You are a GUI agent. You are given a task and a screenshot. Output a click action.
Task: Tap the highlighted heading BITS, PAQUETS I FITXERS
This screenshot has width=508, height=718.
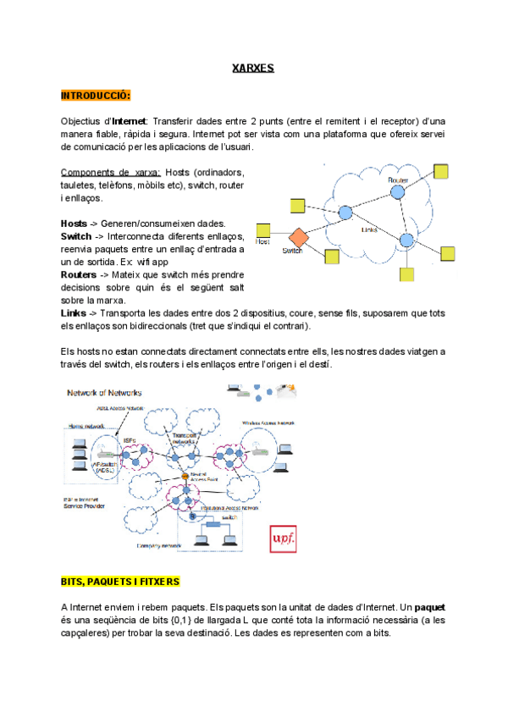click(x=120, y=583)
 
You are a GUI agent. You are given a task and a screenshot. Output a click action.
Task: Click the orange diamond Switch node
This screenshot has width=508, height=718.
click(x=297, y=236)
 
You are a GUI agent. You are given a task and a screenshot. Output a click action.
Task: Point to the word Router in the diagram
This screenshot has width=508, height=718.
click(x=398, y=180)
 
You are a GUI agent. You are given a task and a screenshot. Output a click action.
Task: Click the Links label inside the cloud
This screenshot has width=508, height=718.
click(x=369, y=229)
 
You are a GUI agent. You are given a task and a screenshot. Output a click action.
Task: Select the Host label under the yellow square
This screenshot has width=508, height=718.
click(x=262, y=242)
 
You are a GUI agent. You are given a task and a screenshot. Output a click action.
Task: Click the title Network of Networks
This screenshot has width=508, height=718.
click(x=104, y=393)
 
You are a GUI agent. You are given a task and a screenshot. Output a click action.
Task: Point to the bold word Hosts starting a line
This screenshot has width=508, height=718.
click(x=74, y=222)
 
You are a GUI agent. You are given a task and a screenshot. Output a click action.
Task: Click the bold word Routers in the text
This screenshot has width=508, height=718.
click(x=80, y=274)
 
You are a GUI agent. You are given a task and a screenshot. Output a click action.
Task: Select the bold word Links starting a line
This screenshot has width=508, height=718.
click(x=74, y=313)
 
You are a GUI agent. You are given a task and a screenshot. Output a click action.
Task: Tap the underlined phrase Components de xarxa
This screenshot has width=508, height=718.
click(x=111, y=171)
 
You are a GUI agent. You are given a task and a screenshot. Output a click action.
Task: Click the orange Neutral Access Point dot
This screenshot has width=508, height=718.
click(x=184, y=475)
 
